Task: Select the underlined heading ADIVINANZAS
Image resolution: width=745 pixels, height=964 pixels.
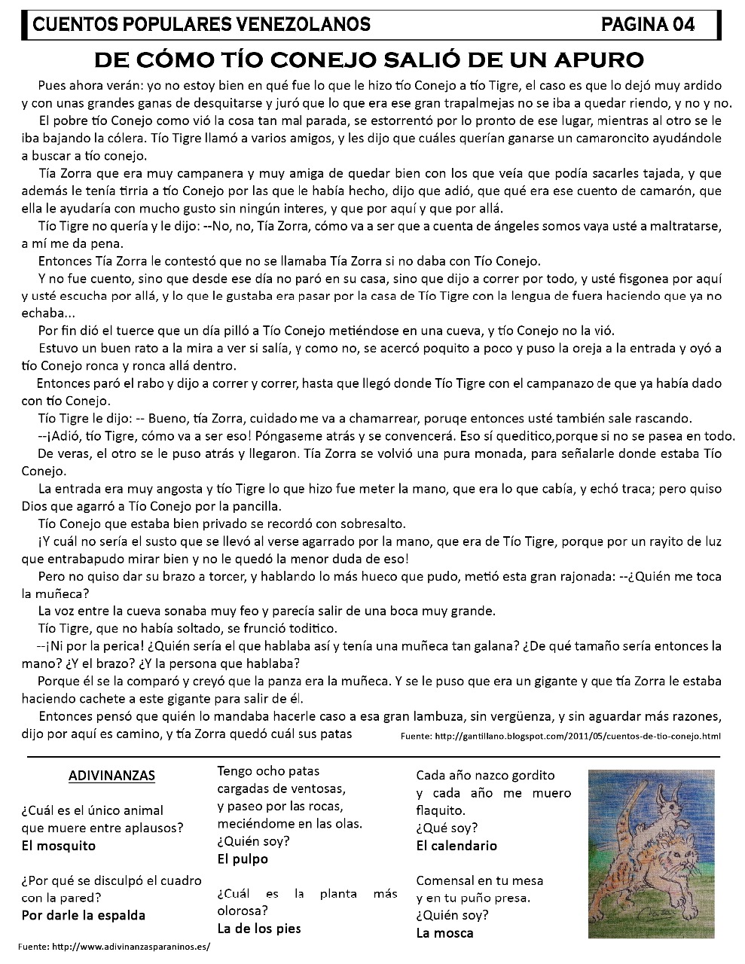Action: [111, 775]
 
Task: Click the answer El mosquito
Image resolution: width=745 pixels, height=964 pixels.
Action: [59, 845]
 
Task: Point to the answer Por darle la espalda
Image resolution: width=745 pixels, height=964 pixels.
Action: [84, 915]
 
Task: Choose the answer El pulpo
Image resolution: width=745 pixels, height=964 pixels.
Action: [243, 859]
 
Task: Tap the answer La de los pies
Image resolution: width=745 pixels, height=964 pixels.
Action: [258, 928]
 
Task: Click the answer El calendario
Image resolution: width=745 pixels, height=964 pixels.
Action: [456, 845]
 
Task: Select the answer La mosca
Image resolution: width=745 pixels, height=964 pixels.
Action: [444, 932]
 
